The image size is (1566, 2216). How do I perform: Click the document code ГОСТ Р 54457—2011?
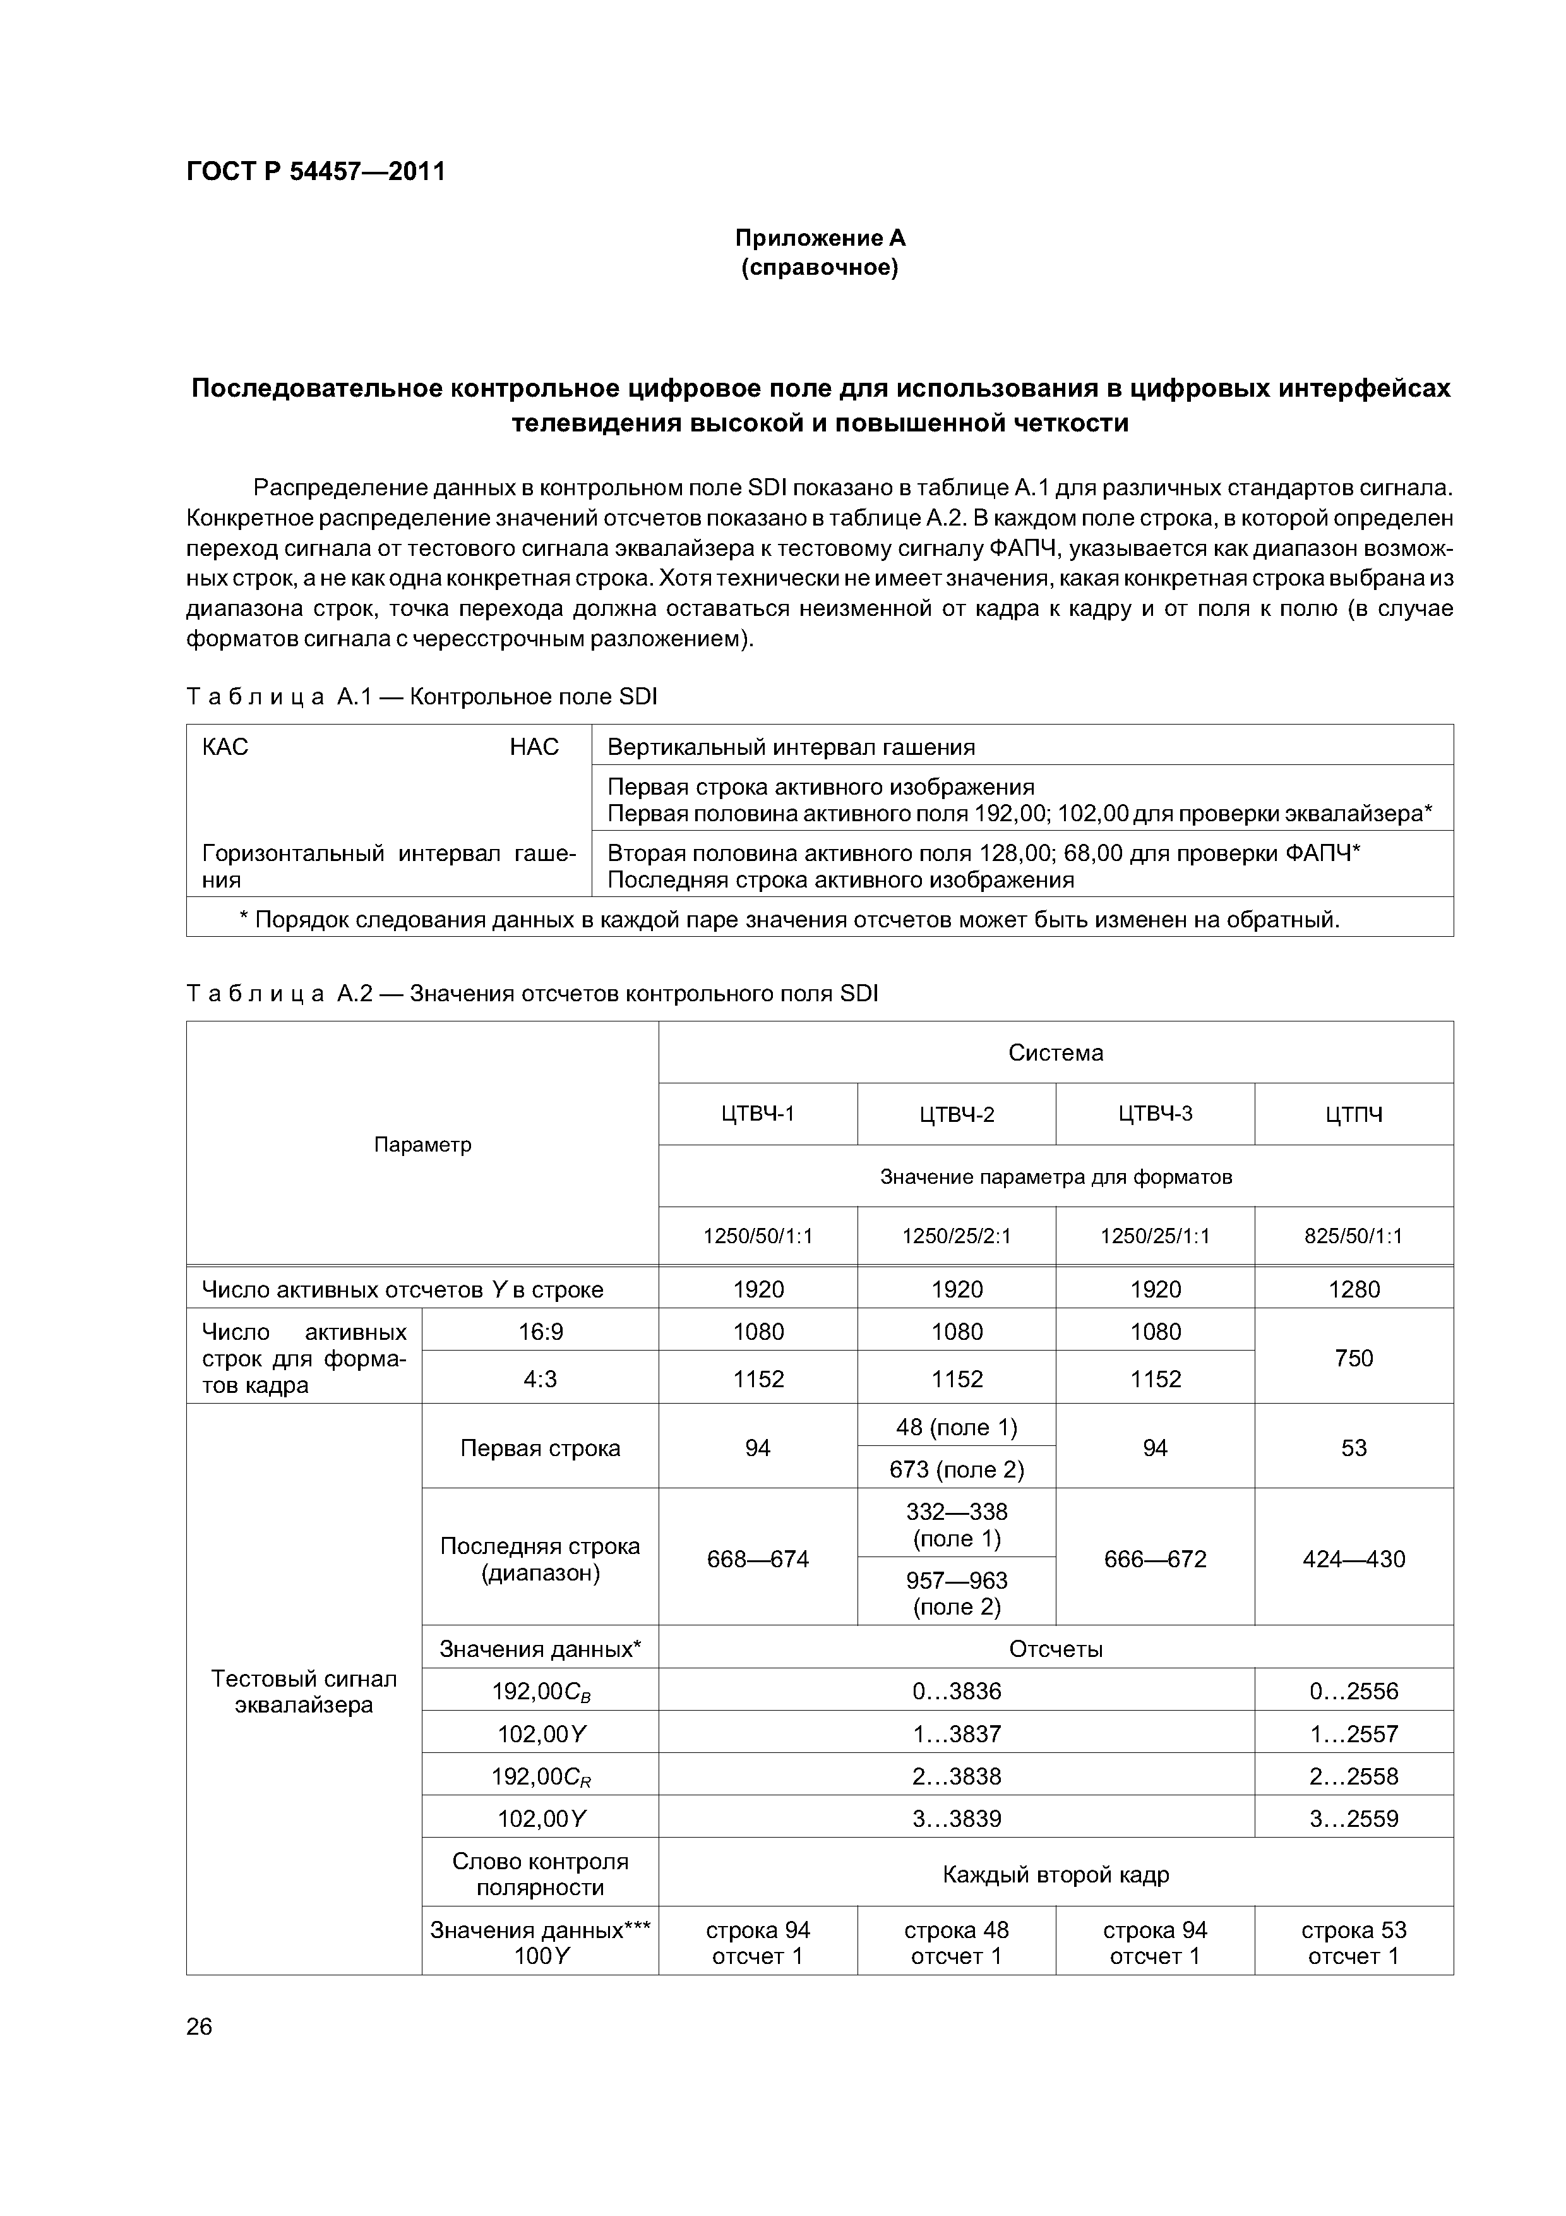[316, 172]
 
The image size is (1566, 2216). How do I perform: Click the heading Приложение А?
[820, 238]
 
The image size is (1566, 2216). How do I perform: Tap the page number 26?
[199, 2026]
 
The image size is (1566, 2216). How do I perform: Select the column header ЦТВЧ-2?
[956, 1115]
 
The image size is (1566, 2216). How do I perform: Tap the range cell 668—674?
[758, 1559]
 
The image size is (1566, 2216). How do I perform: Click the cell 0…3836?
[956, 1691]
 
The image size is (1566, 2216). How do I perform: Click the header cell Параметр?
[422, 1145]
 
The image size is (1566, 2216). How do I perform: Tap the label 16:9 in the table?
[541, 1332]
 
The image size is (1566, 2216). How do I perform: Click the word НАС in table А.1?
[534, 747]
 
